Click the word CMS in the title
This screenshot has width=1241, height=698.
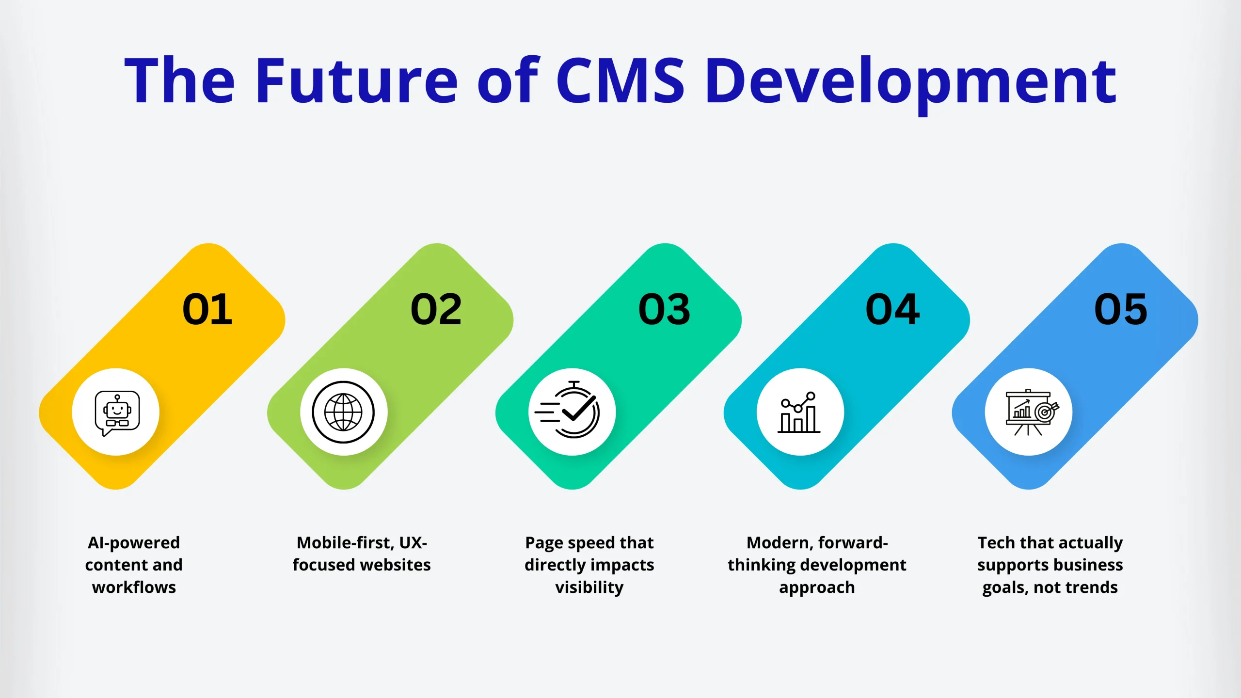tap(620, 80)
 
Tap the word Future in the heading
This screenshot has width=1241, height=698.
tap(357, 80)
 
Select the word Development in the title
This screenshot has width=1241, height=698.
tap(911, 85)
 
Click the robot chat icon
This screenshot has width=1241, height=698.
tap(117, 412)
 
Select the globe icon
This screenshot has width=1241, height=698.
tap(343, 412)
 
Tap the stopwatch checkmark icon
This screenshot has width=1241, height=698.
tap(567, 410)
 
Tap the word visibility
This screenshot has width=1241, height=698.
tap(589, 588)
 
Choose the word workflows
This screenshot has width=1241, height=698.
tap(134, 587)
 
